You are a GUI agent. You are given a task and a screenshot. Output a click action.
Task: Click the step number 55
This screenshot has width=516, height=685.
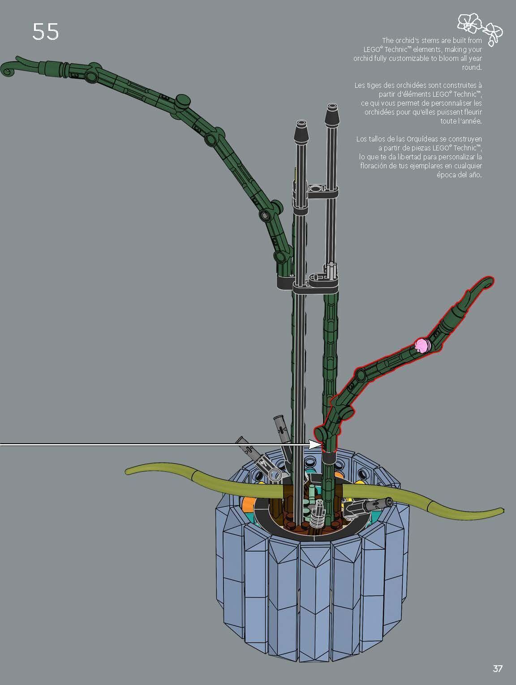46,31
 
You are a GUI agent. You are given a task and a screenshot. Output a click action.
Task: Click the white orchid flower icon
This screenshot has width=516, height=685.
480,29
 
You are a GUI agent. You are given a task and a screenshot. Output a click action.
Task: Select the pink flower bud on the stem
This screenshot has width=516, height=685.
422,346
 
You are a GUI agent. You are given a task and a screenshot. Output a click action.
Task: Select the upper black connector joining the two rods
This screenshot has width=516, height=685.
315,190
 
